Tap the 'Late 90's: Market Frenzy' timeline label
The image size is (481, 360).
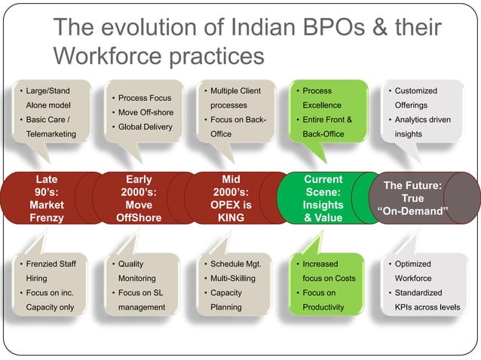(x=47, y=199)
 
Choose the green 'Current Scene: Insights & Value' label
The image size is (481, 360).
(x=323, y=199)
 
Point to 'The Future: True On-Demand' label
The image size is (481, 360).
(x=412, y=197)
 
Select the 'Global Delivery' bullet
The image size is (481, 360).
(x=145, y=127)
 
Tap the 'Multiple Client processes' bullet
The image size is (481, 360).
(x=235, y=98)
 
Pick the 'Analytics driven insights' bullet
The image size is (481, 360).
(x=421, y=127)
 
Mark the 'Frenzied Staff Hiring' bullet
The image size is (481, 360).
(x=51, y=271)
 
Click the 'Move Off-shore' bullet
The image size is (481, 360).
(x=145, y=112)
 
